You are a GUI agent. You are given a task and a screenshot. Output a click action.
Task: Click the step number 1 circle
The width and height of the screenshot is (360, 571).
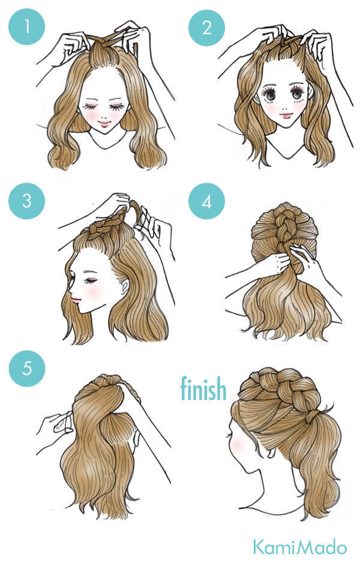[26, 26]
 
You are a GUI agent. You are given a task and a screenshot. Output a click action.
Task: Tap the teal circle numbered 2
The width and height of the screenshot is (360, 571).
[207, 28]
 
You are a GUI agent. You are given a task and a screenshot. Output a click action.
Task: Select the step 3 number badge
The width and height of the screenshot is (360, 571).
[26, 201]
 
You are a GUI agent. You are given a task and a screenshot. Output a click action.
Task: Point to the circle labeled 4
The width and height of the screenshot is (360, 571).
[207, 201]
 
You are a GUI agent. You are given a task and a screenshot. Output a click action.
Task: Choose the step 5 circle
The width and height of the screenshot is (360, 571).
[27, 368]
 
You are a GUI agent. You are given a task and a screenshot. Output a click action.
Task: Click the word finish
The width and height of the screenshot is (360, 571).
[203, 388]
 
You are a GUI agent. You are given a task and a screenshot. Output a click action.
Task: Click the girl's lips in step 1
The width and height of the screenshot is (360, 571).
[104, 124]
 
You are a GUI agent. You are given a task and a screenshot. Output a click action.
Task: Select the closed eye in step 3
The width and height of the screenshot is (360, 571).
[91, 281]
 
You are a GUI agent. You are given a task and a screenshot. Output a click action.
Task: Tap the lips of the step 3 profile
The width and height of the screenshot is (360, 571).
[75, 300]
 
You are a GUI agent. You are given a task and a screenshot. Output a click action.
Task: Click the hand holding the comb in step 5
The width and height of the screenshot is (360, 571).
[55, 430]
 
